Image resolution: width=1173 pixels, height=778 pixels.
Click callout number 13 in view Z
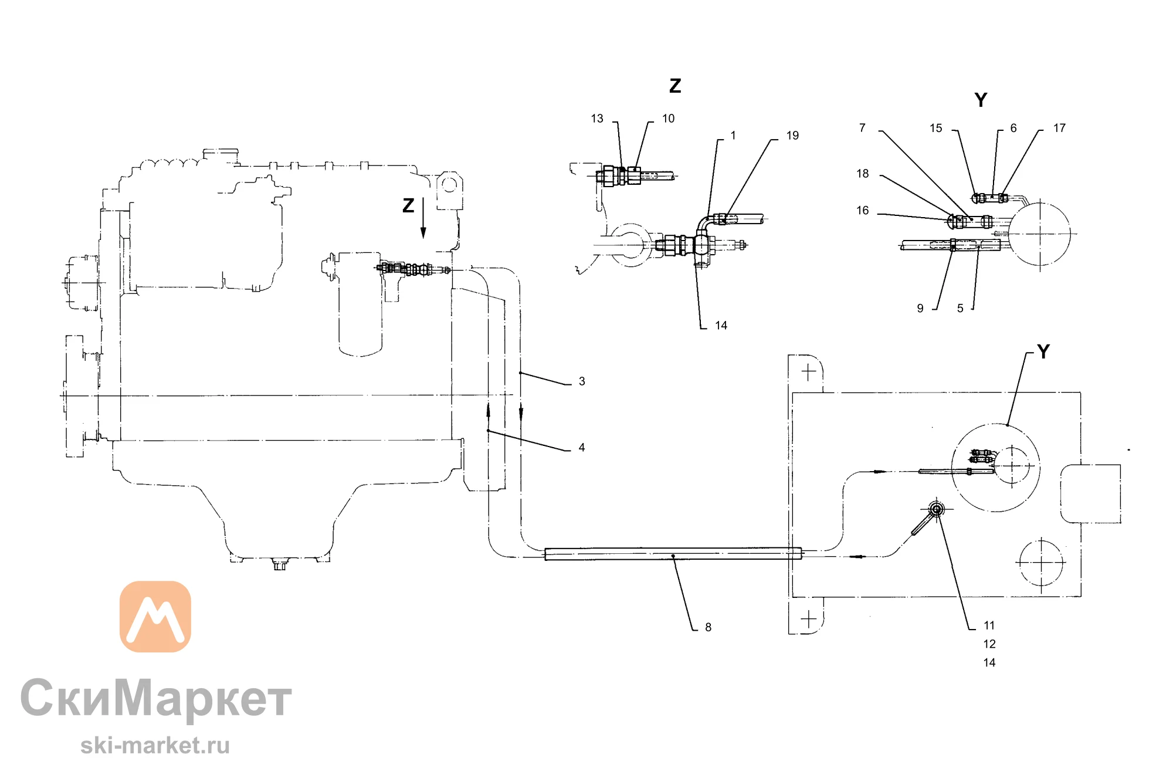click(x=597, y=119)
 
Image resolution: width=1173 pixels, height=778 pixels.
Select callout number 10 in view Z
click(x=668, y=119)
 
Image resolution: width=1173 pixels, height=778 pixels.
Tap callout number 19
click(x=792, y=136)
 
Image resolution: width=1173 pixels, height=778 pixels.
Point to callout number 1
click(x=733, y=136)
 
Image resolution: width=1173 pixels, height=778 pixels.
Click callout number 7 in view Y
click(x=862, y=128)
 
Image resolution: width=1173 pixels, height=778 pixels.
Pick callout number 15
click(x=935, y=128)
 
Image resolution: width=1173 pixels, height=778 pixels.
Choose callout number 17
click(x=1059, y=128)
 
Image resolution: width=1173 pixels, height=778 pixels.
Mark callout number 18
click(x=862, y=174)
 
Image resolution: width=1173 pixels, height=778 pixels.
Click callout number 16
click(x=862, y=211)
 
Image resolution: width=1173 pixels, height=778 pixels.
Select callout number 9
click(x=920, y=309)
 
